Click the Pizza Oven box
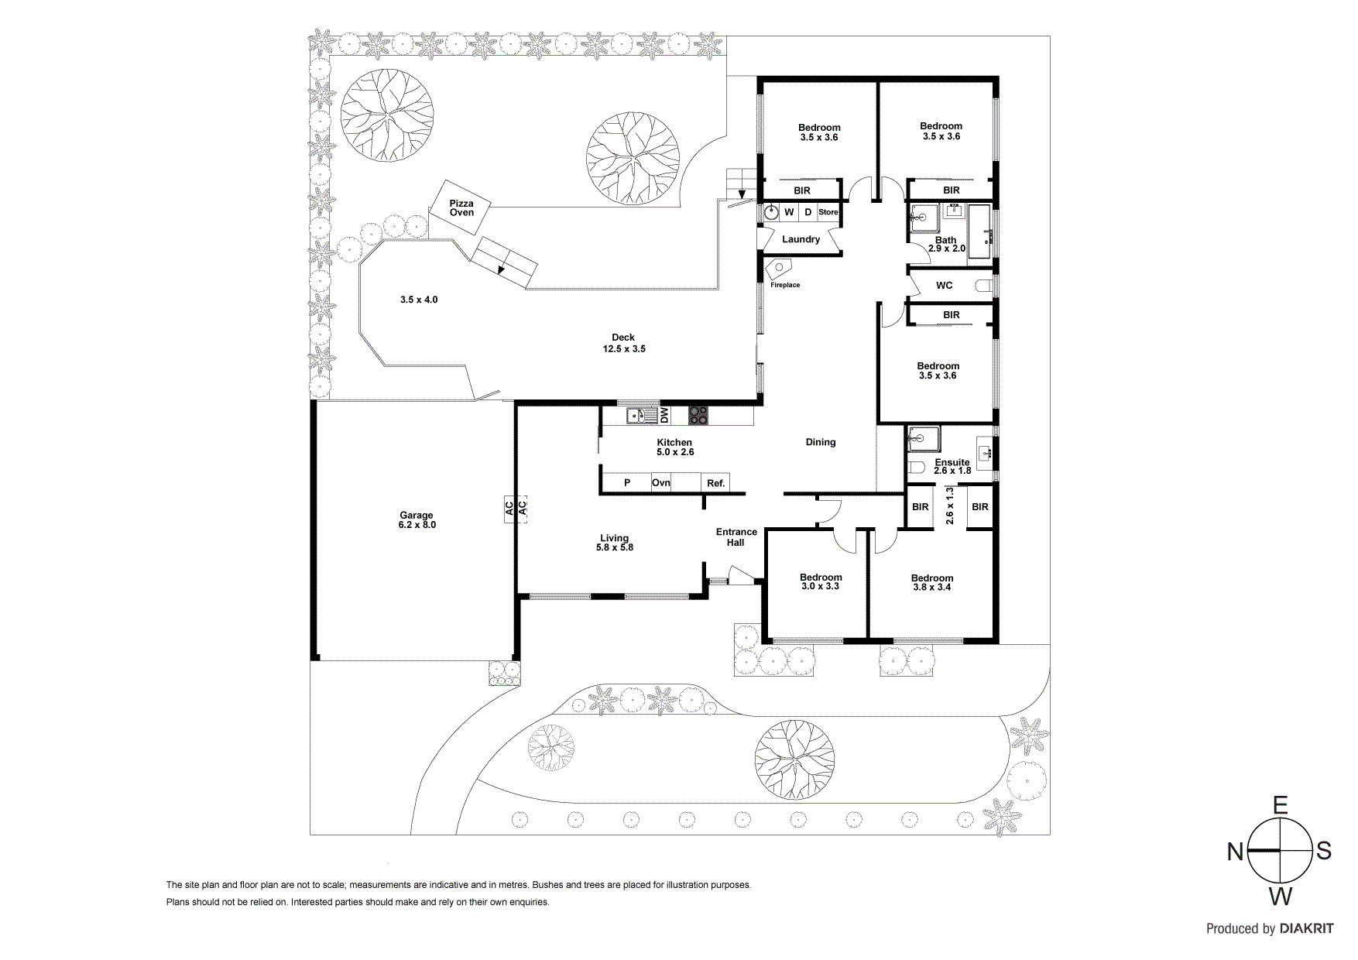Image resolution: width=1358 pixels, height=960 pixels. point(461,207)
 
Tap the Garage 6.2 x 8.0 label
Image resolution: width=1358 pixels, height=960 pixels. point(417,519)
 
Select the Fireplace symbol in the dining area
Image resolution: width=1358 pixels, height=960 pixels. point(778,269)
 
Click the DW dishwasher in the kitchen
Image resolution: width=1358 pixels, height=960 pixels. point(664,416)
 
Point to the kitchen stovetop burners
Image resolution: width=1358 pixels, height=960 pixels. point(698,416)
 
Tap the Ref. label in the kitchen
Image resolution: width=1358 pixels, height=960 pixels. point(715,483)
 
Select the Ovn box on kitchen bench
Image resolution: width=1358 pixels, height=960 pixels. point(661,482)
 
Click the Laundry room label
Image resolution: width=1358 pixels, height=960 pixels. point(801,239)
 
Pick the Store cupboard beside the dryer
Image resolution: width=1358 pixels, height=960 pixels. point(828,211)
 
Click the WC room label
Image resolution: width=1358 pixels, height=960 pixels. point(944,285)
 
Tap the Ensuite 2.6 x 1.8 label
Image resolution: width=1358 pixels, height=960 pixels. point(952,466)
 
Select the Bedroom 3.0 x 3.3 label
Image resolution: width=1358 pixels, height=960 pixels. point(821,581)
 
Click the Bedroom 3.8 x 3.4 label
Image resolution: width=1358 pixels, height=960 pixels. point(932,582)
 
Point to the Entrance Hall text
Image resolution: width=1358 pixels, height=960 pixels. point(736,537)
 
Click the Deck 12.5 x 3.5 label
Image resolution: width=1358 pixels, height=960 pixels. point(623,343)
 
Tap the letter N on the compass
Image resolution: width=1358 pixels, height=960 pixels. point(1235,852)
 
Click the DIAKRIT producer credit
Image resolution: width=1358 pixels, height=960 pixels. point(1306,928)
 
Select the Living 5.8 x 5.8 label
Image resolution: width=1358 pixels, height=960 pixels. point(614,542)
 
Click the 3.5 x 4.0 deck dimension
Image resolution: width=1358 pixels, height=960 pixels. point(419,300)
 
